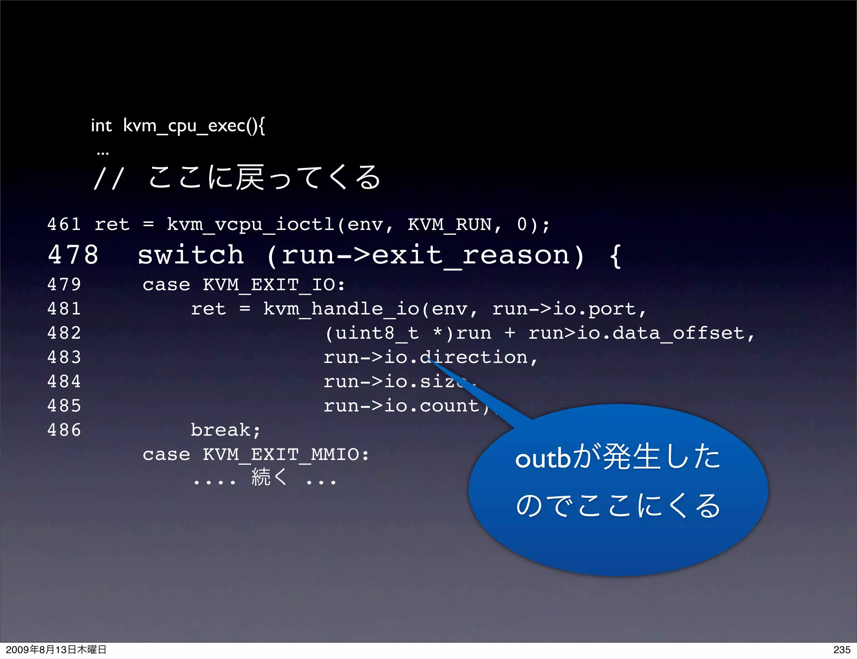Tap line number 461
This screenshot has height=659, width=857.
click(64, 225)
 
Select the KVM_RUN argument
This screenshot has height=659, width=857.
click(449, 225)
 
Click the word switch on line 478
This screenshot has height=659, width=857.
click(191, 255)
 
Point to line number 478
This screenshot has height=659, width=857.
click(73, 255)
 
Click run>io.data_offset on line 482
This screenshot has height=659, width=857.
click(636, 333)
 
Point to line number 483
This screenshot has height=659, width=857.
click(64, 358)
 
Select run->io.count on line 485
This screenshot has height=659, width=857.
click(402, 406)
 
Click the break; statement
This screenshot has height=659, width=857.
click(226, 430)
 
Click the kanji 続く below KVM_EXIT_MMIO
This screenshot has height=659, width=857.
click(269, 478)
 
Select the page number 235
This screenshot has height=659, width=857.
click(842, 650)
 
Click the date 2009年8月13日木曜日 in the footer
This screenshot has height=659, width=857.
click(56, 650)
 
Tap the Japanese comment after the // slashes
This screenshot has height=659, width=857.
click(264, 178)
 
